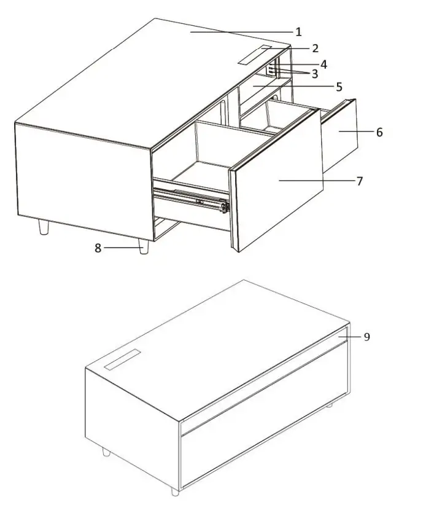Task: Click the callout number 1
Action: click(x=298, y=31)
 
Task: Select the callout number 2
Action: click(x=315, y=49)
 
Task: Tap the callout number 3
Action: click(x=314, y=74)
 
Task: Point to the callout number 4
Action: click(x=323, y=64)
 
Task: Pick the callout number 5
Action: click(x=338, y=87)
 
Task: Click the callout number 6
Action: click(x=379, y=132)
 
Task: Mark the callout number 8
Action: click(x=98, y=248)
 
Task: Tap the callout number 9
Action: click(x=366, y=337)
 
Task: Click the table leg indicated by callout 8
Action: click(x=144, y=247)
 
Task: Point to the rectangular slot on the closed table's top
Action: click(x=123, y=360)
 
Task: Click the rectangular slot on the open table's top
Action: click(x=257, y=55)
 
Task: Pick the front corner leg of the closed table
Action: click(x=176, y=491)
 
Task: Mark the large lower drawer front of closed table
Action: click(x=264, y=430)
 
